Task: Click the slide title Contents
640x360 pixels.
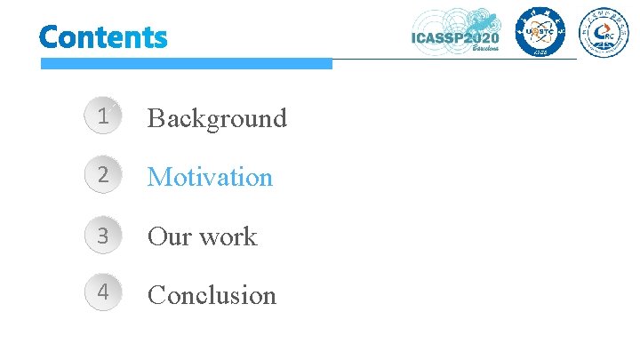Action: pos(103,37)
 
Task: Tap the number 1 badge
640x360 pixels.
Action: pos(104,116)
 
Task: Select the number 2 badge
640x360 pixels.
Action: pos(104,176)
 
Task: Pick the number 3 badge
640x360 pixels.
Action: pos(104,236)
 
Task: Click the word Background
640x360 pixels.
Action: pos(217,117)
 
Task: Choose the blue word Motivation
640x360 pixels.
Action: pos(210,177)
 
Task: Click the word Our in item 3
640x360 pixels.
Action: pos(166,236)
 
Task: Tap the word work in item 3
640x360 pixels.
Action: pos(228,236)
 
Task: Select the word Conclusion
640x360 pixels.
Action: pos(212,295)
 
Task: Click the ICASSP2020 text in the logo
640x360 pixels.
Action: pos(455,36)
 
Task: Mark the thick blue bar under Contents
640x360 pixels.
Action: pos(187,63)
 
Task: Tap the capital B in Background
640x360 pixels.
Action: pos(156,117)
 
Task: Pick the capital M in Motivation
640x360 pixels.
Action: pos(159,177)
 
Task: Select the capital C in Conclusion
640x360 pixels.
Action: pos(157,295)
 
